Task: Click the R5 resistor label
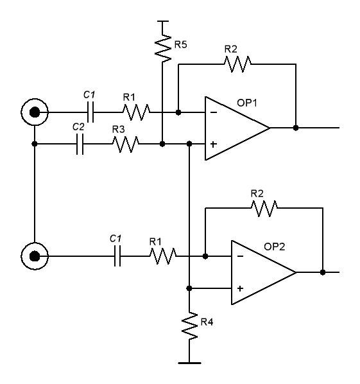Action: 180,44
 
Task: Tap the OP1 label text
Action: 247,103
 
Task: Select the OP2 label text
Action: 275,247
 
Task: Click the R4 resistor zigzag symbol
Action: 189,326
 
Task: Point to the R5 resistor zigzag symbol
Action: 163,49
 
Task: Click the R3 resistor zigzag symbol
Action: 126,144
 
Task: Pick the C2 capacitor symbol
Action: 80,144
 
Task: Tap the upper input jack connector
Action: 35,112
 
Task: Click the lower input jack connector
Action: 35,256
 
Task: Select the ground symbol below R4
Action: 189,363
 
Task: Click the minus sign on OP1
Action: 214,112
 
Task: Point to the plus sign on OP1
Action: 214,144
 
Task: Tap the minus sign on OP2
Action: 241,256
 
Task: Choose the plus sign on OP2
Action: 240,288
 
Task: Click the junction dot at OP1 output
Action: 296,128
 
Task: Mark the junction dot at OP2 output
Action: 323,272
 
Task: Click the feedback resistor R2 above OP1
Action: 237,64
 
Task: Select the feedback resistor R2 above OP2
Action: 264,209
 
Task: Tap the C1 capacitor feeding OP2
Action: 117,256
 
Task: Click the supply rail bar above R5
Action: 162,21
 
